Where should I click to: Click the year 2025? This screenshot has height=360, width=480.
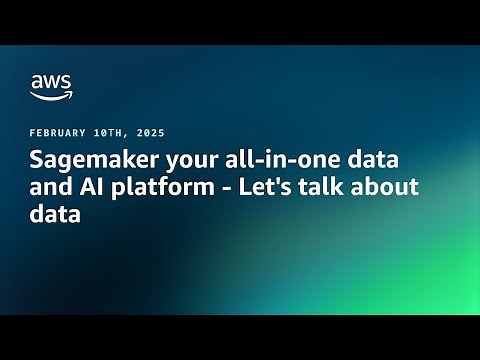(148, 133)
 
